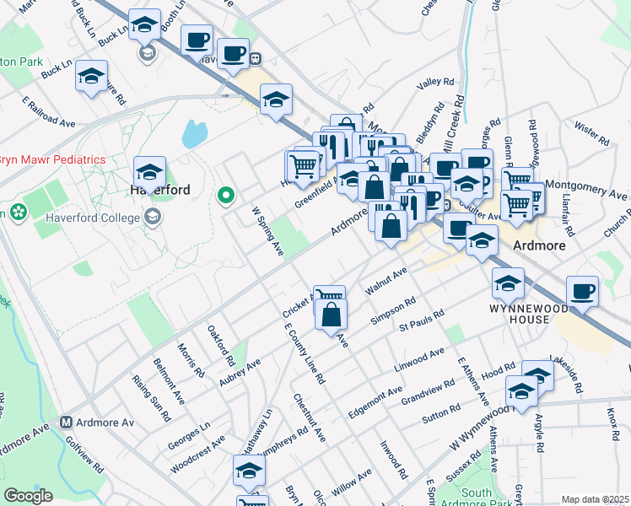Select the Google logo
(x=29, y=496)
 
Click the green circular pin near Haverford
(x=225, y=196)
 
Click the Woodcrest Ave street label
(x=197, y=454)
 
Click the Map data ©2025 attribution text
(x=596, y=499)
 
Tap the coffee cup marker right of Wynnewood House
(x=583, y=291)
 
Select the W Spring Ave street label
(x=267, y=229)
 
